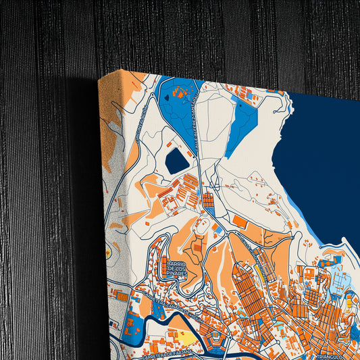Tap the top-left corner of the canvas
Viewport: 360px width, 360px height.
pyautogui.click(x=99, y=79)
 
